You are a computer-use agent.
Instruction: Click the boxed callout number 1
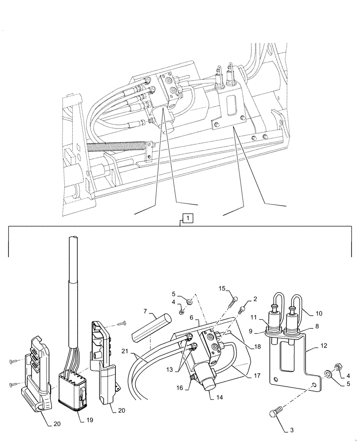(x=188, y=218)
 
